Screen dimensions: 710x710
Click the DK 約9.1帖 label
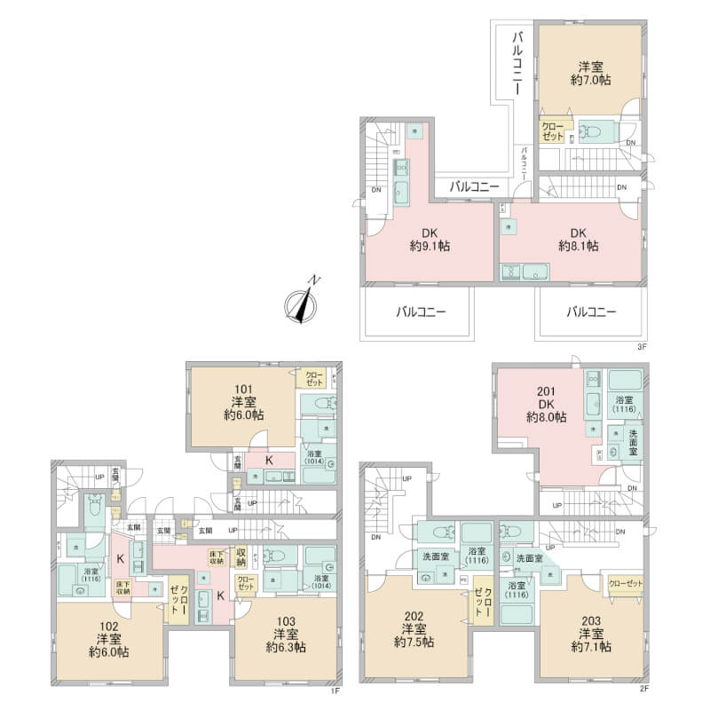(x=428, y=239)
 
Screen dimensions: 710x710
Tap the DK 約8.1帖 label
(x=577, y=239)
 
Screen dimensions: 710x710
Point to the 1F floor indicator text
(x=335, y=690)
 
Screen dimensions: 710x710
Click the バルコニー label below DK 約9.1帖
(x=416, y=312)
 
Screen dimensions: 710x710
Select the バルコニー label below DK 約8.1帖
(x=590, y=312)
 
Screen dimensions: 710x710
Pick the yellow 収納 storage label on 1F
(x=241, y=556)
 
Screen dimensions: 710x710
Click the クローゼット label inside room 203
(x=626, y=583)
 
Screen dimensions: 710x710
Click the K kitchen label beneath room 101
(x=268, y=460)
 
